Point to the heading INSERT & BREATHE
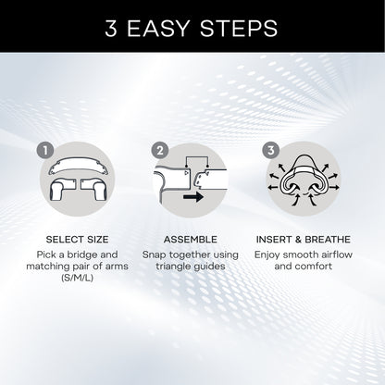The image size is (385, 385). point(309,237)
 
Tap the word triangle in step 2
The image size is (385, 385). point(172,266)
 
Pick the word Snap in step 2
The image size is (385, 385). point(155,253)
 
